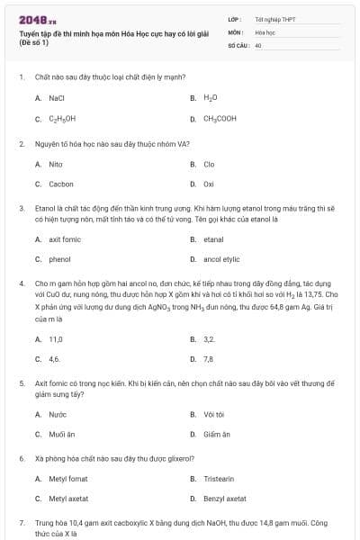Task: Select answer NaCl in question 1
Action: [56, 97]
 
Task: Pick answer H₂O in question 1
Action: [211, 97]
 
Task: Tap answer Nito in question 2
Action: [56, 165]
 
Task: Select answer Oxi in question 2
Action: [209, 184]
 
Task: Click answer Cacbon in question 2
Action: [61, 184]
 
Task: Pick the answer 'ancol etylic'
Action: [221, 259]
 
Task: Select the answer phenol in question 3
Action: [59, 259]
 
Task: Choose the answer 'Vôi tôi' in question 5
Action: [213, 414]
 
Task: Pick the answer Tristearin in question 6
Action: [219, 479]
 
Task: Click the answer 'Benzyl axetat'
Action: [224, 499]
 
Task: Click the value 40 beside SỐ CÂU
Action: [258, 44]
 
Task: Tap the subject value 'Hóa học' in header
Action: [265, 31]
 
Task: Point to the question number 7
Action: [21, 522]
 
